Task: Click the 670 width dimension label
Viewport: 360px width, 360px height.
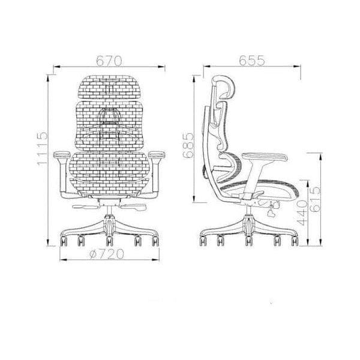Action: tap(109, 61)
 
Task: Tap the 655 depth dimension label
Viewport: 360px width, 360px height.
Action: tap(251, 61)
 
